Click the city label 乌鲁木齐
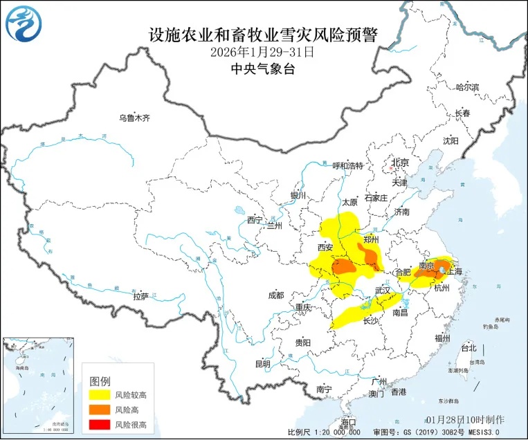pos(134,118)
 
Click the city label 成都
pos(275,295)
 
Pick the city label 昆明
pos(262,364)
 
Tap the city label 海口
pos(348,422)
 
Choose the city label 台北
pos(468,348)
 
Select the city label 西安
pos(326,247)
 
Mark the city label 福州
pos(442,338)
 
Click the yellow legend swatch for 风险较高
pos(100,395)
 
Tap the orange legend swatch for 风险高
pos(100,410)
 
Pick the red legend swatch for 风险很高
pos(100,424)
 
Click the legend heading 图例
pos(100,381)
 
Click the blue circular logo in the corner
pos(24,24)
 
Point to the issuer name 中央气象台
pos(263,68)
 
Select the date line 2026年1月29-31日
pos(263,52)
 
